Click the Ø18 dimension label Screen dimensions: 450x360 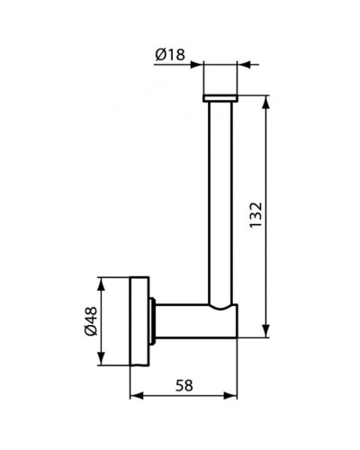169,56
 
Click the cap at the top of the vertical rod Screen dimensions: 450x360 220,95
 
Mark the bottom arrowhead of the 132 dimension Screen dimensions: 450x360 265,332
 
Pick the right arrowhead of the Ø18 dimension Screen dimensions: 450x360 243,65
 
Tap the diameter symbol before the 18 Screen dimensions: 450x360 159,56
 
